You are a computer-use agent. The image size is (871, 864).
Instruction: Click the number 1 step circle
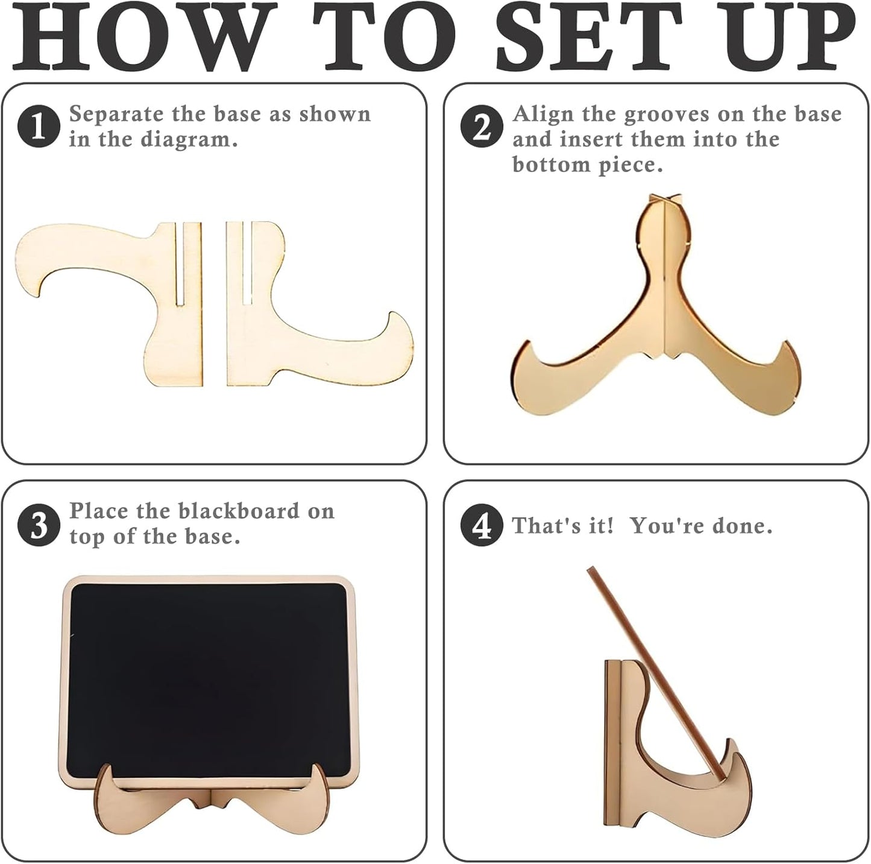tap(39, 126)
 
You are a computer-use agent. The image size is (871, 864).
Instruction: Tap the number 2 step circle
tap(482, 126)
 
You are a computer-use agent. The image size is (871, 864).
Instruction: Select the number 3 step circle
tap(39, 525)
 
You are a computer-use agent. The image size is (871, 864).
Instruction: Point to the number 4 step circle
tap(482, 525)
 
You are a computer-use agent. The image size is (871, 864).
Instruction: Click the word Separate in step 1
tap(116, 115)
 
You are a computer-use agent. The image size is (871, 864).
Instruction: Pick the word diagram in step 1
tap(189, 140)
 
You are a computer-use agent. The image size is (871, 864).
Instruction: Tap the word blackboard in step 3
tap(239, 511)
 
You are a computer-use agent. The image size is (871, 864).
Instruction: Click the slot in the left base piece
tap(180, 264)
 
